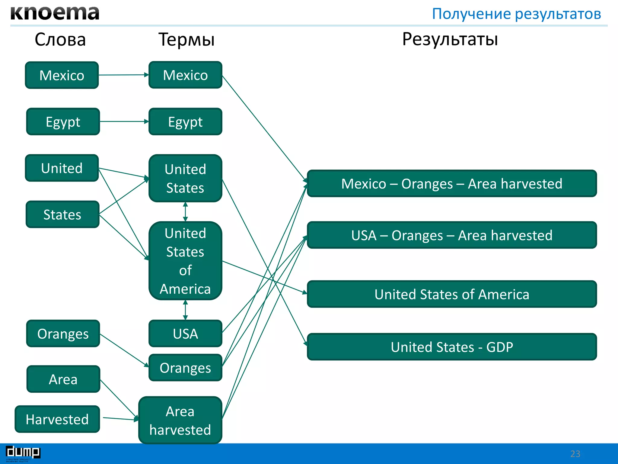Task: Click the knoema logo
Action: click(x=55, y=13)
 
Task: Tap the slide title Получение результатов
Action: click(x=516, y=14)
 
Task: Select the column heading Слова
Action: click(x=60, y=40)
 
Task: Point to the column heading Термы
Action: click(x=186, y=40)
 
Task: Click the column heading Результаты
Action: click(x=450, y=39)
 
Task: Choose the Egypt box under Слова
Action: click(x=63, y=122)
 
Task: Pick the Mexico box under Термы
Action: click(x=185, y=75)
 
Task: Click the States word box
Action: click(x=62, y=214)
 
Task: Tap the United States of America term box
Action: click(x=185, y=261)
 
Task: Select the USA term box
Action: click(x=185, y=333)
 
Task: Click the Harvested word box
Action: click(x=57, y=419)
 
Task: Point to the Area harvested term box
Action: click(x=180, y=420)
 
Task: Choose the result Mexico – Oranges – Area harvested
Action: click(x=452, y=184)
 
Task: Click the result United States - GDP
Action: click(x=452, y=347)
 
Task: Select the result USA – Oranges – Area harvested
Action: click(x=452, y=235)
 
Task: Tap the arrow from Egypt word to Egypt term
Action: click(x=124, y=122)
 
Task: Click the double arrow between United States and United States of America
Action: click(x=185, y=212)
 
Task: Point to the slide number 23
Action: click(x=575, y=454)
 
